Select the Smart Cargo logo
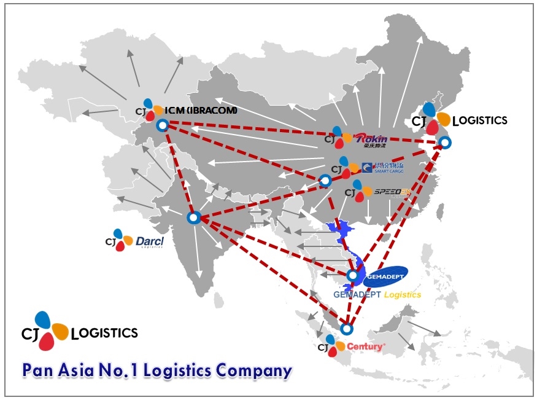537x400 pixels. [x=378, y=168]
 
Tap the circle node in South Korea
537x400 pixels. [x=446, y=143]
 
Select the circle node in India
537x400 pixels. [x=194, y=218]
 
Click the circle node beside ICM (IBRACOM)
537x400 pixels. [x=162, y=125]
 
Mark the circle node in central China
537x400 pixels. [x=325, y=181]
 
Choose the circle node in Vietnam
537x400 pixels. [x=352, y=275]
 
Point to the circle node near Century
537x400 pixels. [x=347, y=329]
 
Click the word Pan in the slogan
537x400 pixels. [x=40, y=371]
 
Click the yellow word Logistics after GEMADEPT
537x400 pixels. [x=402, y=295]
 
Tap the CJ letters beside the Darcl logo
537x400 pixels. [x=110, y=240]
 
